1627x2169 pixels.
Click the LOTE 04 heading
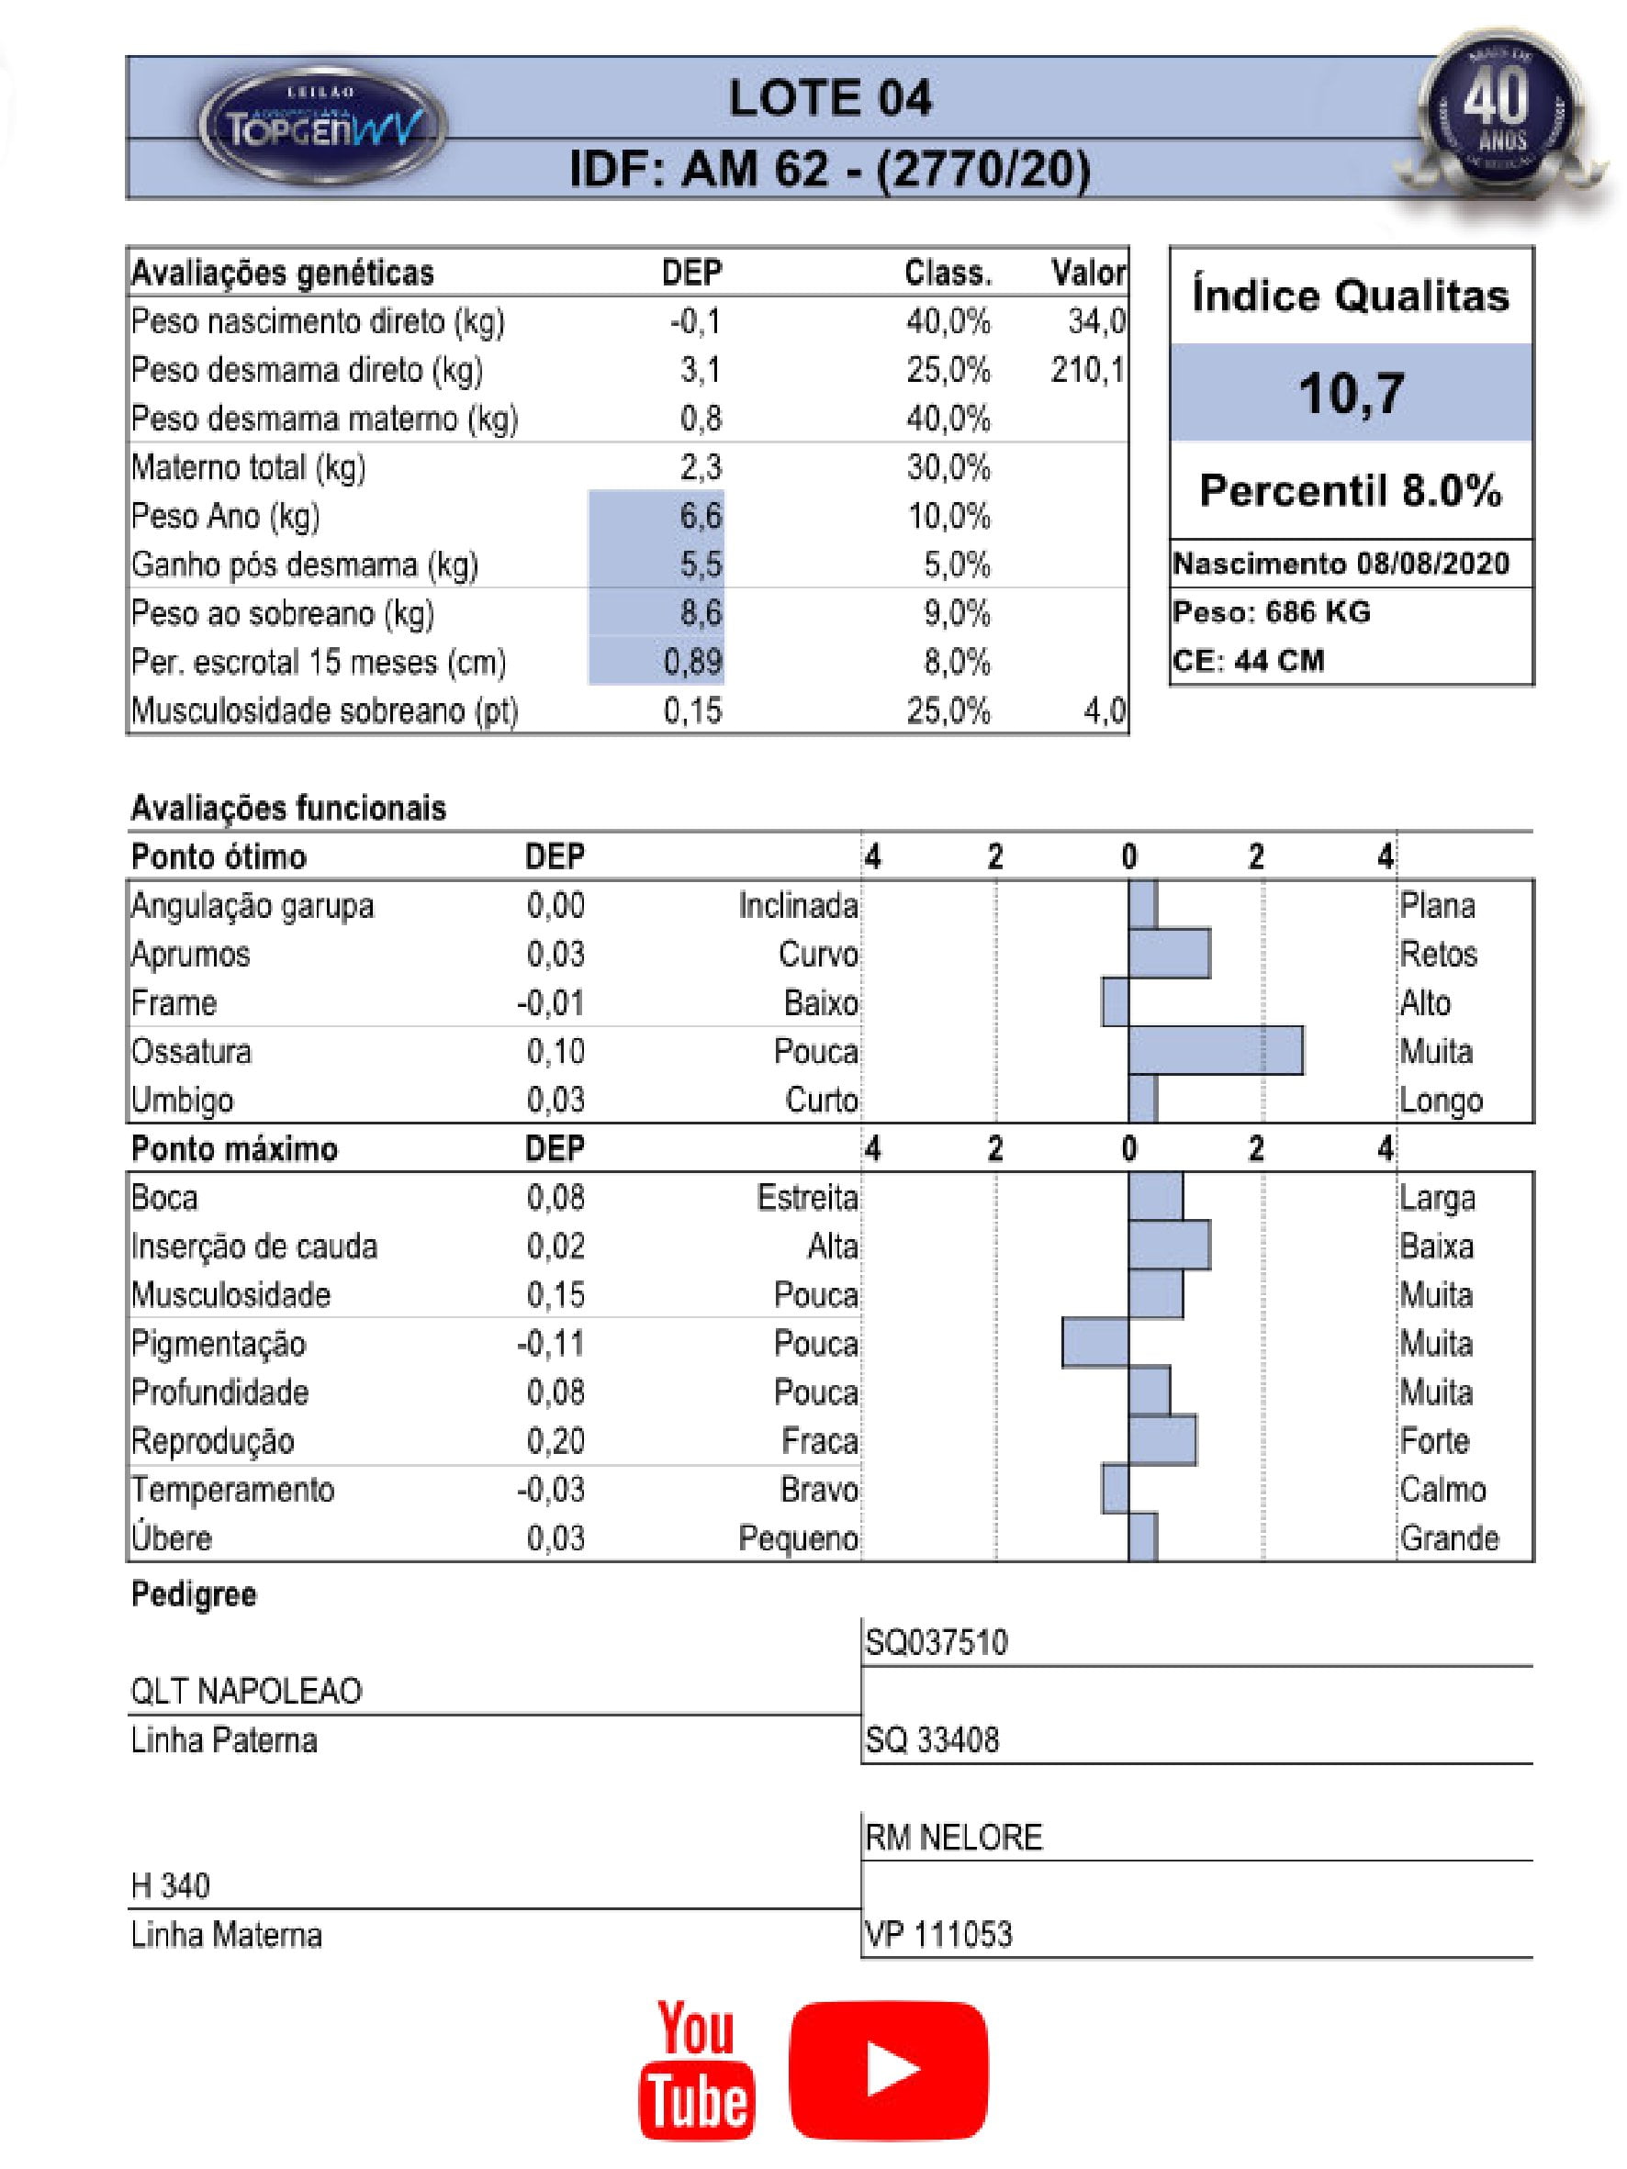[x=830, y=99]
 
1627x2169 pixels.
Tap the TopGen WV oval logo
[x=322, y=127]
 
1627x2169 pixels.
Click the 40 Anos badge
[x=1498, y=116]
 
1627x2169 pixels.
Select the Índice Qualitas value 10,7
[x=1351, y=393]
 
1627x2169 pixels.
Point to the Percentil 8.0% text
[x=1351, y=490]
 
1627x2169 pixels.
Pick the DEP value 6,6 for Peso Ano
[x=701, y=516]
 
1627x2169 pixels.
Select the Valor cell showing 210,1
[x=1088, y=370]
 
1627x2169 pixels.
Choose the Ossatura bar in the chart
[x=1215, y=1051]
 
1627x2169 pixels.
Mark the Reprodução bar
[x=1162, y=1440]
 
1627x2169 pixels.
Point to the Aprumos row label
[x=191, y=954]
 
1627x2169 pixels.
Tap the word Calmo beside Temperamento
[x=1442, y=1490]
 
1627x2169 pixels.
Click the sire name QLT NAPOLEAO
[x=247, y=1691]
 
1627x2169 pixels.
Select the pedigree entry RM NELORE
[x=953, y=1837]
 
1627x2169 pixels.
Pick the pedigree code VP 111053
[x=938, y=1934]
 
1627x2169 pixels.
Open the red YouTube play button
[x=889, y=2069]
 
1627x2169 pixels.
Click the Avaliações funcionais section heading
[x=288, y=808]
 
